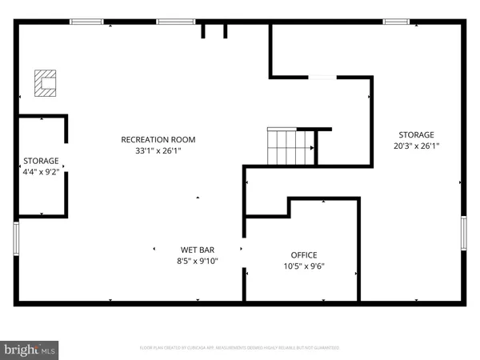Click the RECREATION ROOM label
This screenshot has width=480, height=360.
click(158, 139)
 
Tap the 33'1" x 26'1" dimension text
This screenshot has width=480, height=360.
click(158, 150)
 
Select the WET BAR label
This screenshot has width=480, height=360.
click(197, 250)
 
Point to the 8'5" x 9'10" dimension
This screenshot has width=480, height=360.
click(197, 261)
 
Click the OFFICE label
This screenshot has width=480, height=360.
click(304, 255)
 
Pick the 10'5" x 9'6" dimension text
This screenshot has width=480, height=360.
click(304, 266)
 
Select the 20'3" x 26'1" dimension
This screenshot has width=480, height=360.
click(416, 146)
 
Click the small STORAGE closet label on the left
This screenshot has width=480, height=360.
click(41, 160)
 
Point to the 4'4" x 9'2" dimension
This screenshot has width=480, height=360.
click(41, 171)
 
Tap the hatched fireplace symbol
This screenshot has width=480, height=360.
click(46, 82)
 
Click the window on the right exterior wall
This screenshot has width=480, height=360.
click(463, 234)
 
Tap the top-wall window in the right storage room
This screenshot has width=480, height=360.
click(396, 22)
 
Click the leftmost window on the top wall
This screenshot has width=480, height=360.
click(86, 22)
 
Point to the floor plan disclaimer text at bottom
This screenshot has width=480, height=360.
click(240, 348)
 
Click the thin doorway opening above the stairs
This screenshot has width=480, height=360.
click(323, 78)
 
